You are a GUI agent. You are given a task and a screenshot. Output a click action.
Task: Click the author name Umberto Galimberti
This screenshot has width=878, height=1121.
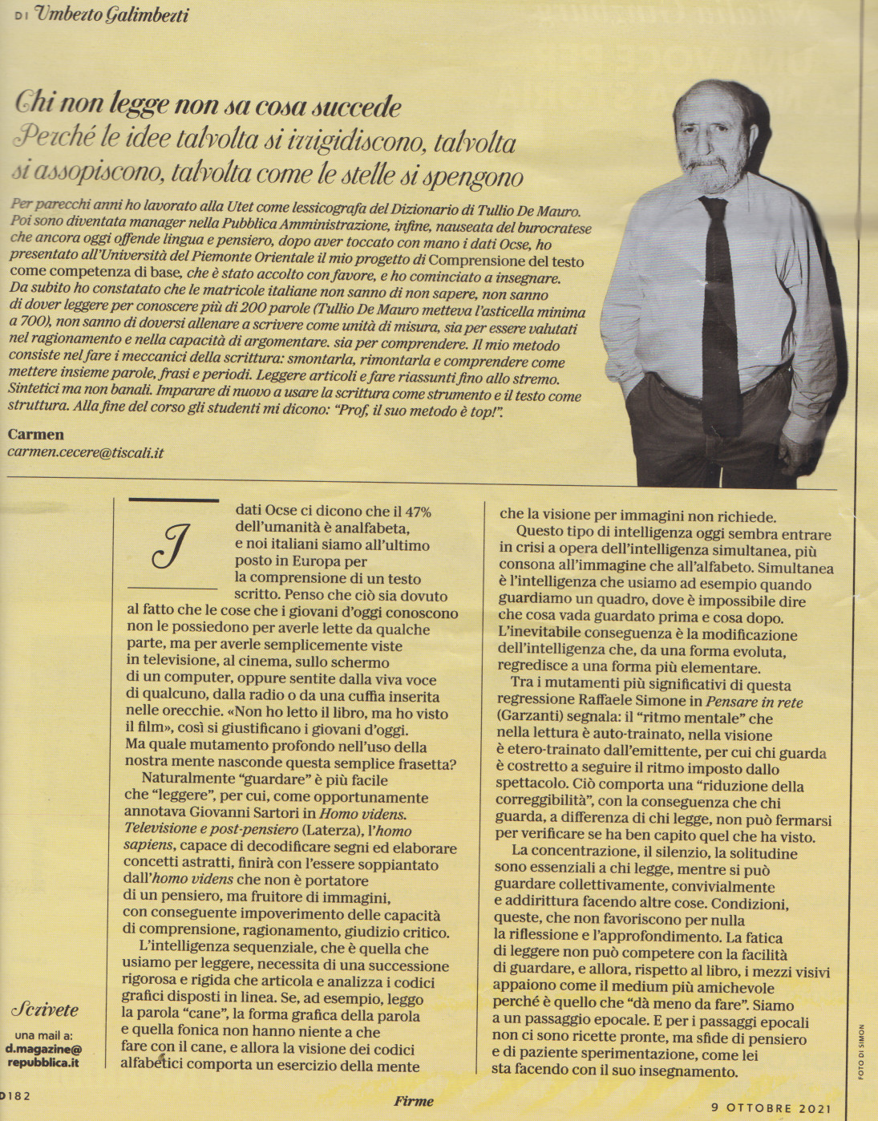tap(112, 15)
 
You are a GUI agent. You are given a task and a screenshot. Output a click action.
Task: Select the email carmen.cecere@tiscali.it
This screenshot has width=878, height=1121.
tap(85, 452)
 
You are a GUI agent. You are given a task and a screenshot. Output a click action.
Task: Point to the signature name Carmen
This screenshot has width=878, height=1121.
tap(35, 434)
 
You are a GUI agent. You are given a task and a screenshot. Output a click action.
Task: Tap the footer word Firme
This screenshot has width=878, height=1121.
tap(414, 1101)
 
